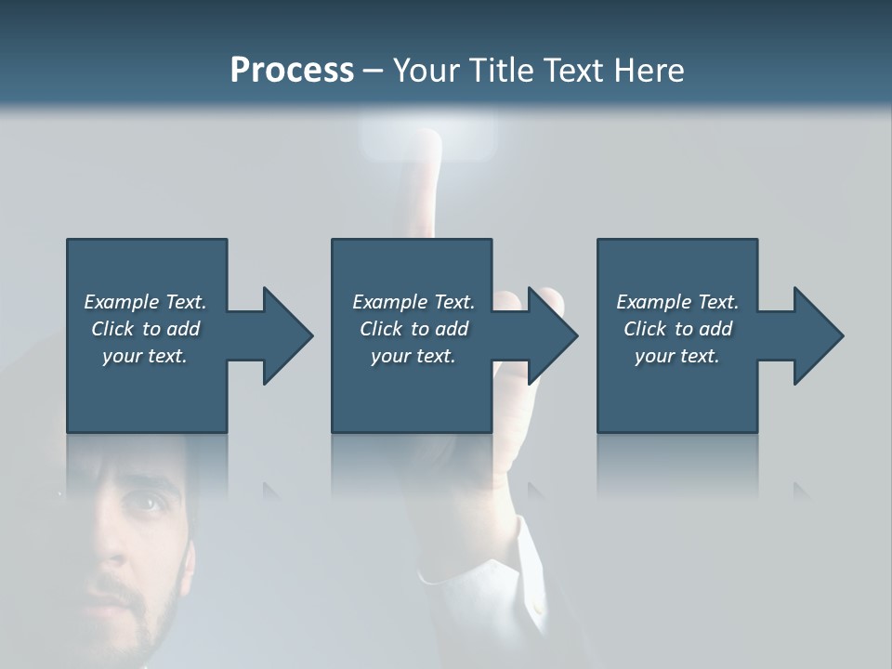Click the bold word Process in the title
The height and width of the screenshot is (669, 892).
click(x=292, y=70)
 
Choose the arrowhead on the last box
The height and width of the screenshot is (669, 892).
click(x=816, y=335)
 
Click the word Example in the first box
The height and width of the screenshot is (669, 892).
click(x=121, y=302)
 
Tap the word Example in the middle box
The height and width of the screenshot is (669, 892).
click(x=389, y=302)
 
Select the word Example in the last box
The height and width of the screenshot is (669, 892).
click(x=653, y=302)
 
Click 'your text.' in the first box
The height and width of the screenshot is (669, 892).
click(x=145, y=356)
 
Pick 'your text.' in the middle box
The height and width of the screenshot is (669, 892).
click(x=413, y=356)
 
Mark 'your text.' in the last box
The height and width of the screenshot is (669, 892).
click(x=677, y=356)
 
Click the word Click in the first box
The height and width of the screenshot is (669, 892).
click(x=113, y=329)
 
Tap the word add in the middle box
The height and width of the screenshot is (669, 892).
click(x=452, y=329)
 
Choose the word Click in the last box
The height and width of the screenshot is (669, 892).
click(x=646, y=329)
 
